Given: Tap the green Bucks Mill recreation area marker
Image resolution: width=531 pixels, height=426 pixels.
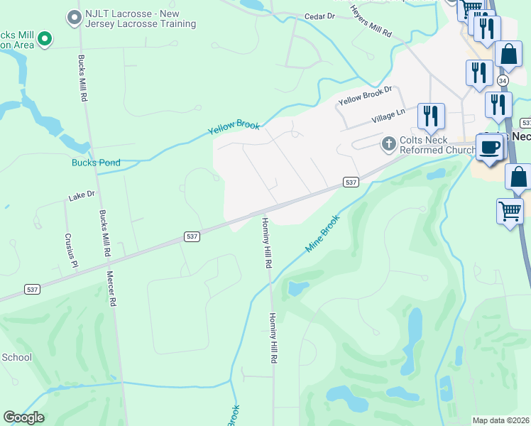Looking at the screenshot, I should click(x=45, y=38).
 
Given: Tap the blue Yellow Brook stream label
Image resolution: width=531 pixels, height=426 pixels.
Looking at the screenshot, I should click(x=234, y=128).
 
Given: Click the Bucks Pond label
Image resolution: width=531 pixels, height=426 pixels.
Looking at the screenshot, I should click(x=96, y=163).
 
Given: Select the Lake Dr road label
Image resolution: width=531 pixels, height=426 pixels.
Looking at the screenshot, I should click(x=81, y=195).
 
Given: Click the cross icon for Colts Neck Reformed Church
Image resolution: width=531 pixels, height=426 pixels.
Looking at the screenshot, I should click(x=388, y=144).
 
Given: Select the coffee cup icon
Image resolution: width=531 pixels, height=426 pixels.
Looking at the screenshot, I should click(x=489, y=147).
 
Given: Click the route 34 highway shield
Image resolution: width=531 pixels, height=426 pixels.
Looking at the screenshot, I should click(x=503, y=80).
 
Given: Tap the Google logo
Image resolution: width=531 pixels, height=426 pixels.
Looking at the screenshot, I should click(x=23, y=417).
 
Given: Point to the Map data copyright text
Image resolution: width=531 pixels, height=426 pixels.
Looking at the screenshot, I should click(x=501, y=420).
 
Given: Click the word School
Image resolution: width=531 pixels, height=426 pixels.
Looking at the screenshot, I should click(x=16, y=357).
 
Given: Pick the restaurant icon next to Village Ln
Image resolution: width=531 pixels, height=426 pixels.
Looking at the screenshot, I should click(x=431, y=115).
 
